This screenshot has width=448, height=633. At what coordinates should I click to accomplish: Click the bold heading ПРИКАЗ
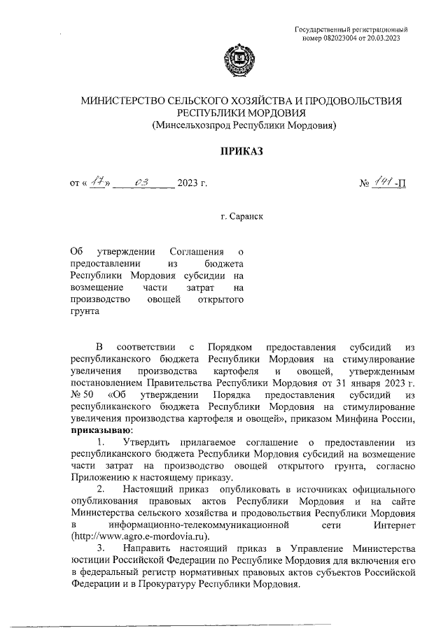click(x=239, y=151)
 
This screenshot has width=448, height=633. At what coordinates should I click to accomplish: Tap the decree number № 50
click(x=83, y=395)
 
